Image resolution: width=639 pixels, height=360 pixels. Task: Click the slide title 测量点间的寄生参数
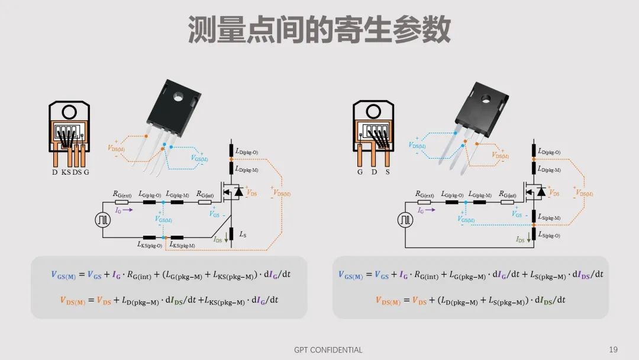click(x=319, y=30)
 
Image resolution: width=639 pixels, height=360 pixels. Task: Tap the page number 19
click(x=613, y=349)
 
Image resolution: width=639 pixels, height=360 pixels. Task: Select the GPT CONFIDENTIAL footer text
click(x=328, y=349)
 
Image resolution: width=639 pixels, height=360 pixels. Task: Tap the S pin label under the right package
click(x=387, y=172)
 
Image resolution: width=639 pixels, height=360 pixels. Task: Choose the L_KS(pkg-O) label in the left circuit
click(x=150, y=245)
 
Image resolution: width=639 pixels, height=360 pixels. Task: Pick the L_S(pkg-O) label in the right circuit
click(x=550, y=235)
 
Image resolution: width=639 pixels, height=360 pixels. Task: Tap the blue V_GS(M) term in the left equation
click(x=66, y=275)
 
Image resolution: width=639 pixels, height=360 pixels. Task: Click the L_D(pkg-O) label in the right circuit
click(x=548, y=152)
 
